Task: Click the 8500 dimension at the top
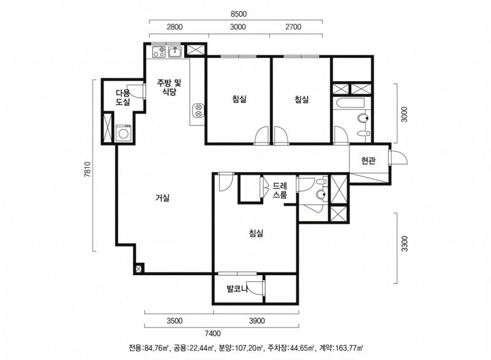click(238, 14)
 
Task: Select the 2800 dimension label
click(174, 27)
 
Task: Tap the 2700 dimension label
click(293, 27)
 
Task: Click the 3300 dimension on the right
click(404, 244)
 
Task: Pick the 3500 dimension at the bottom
click(174, 321)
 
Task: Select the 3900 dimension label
click(257, 321)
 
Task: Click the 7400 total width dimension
click(212, 334)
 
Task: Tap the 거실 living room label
click(163, 198)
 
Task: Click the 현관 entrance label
click(368, 161)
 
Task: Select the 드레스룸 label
click(280, 190)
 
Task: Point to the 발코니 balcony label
click(238, 289)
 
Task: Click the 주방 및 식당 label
click(169, 87)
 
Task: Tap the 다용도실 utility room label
click(123, 98)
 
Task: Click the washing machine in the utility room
click(124, 133)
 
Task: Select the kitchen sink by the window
click(175, 52)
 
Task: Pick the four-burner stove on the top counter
click(159, 52)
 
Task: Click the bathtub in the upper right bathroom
click(348, 103)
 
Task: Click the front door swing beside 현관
click(398, 158)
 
